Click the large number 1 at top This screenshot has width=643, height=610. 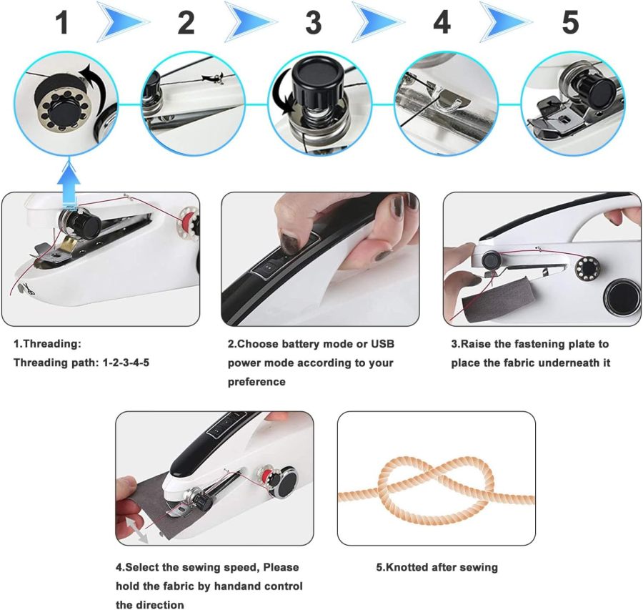tap(62, 23)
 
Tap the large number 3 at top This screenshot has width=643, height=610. tap(313, 23)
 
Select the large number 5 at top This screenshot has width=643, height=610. tap(569, 23)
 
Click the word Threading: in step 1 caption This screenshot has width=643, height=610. tap(42, 344)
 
